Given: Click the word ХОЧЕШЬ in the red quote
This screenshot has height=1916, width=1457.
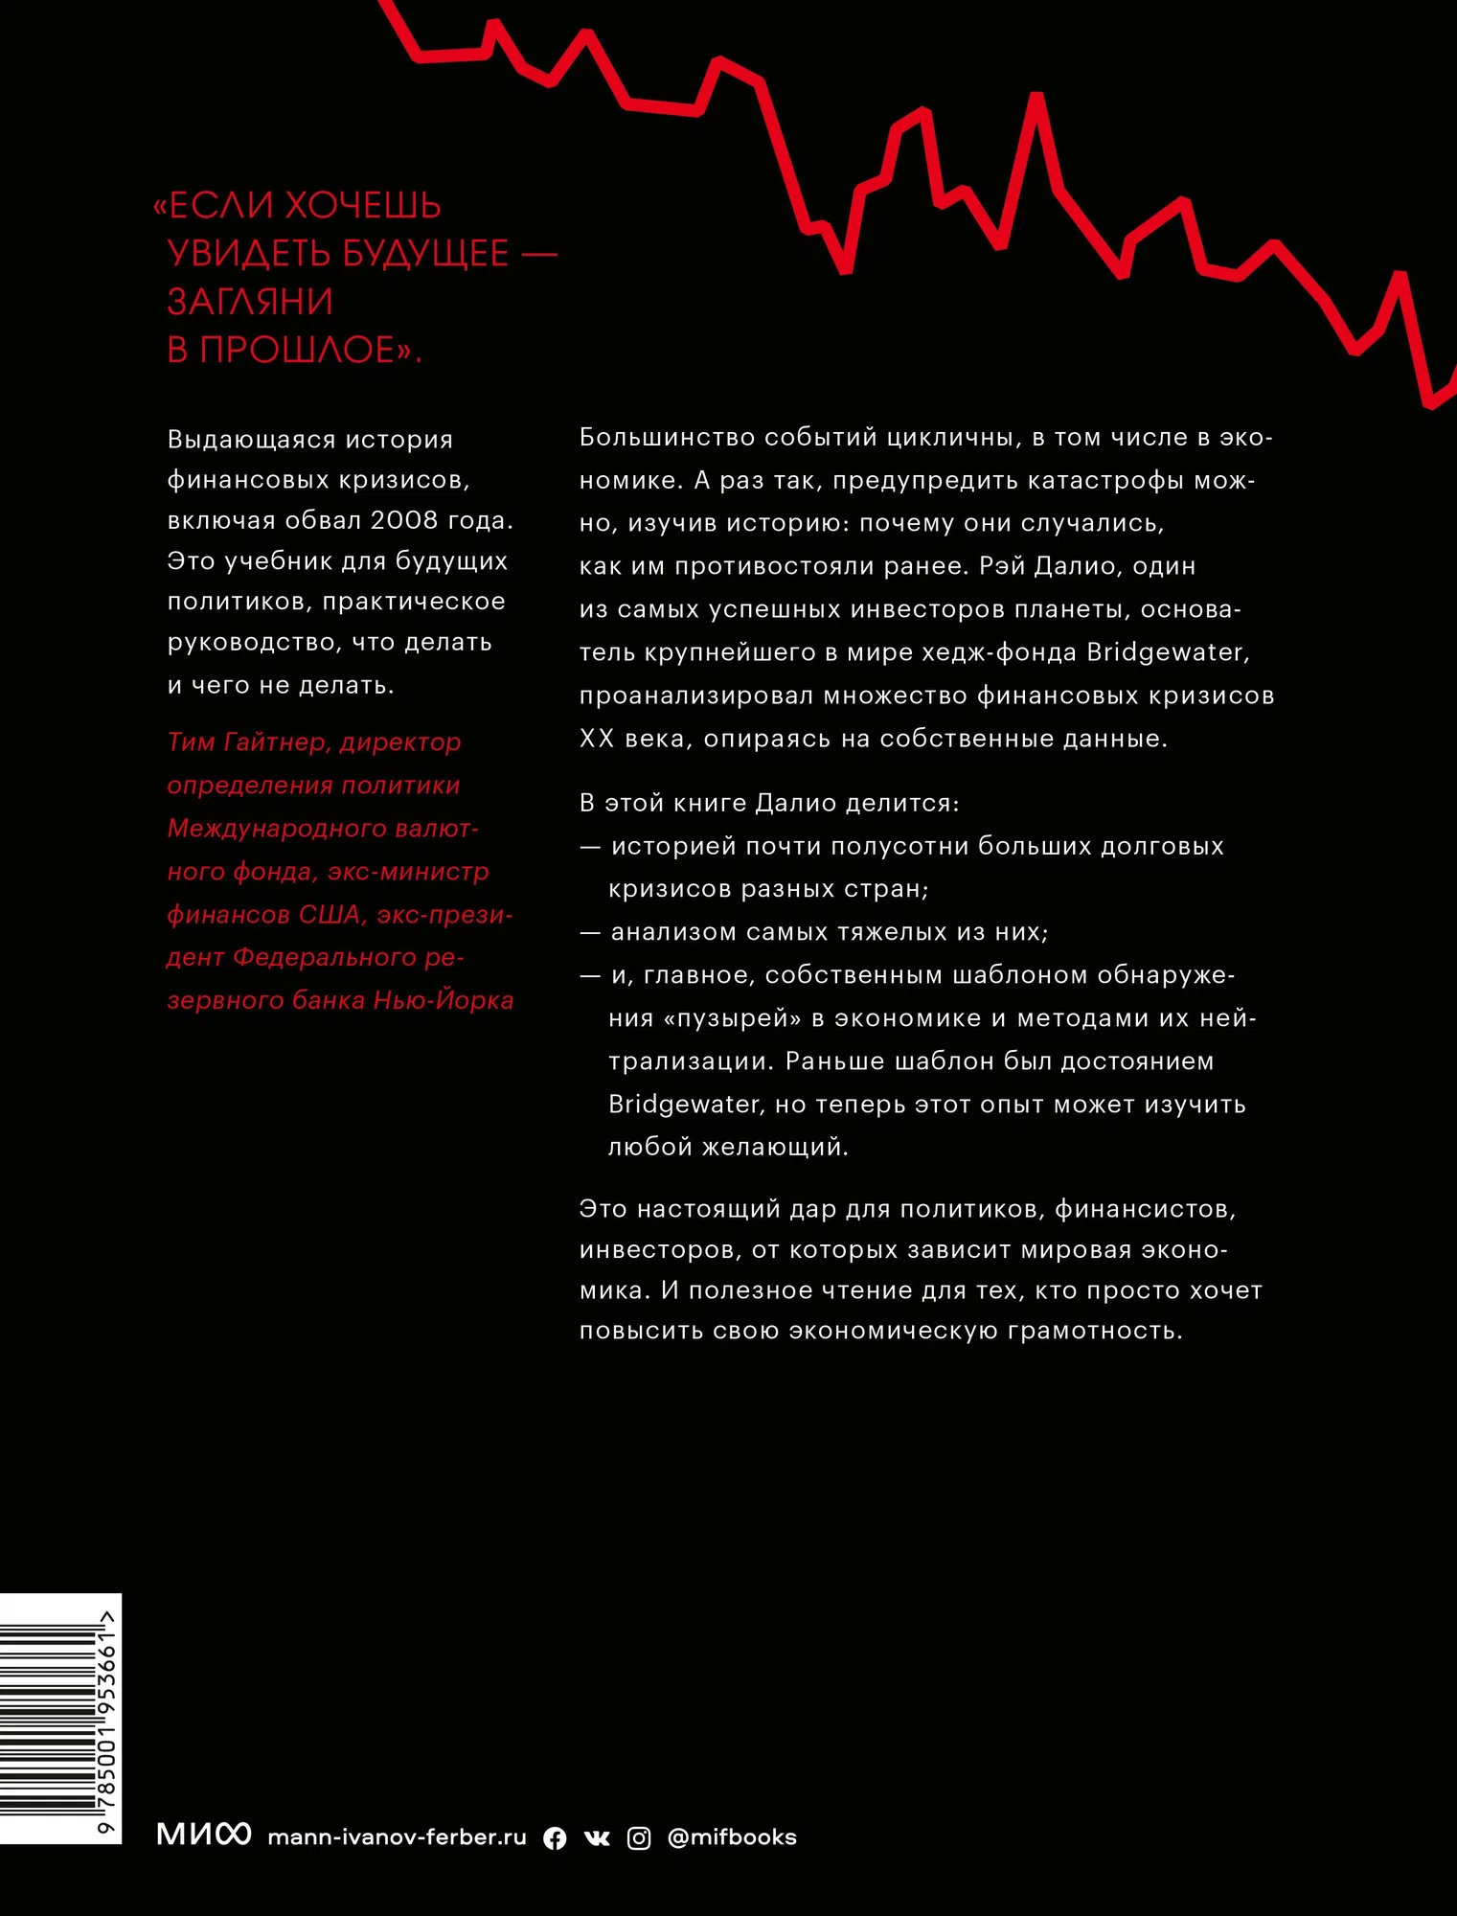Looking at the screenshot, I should tap(363, 206).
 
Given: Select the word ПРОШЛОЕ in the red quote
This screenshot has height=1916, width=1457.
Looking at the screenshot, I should tap(297, 351).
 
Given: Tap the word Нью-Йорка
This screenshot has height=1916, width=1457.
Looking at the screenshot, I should tap(443, 1001).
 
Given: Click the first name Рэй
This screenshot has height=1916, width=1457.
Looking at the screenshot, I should tap(1002, 566).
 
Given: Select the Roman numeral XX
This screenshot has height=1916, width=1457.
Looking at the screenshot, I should tap(596, 739).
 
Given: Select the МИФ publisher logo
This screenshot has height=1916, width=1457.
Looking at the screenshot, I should tap(203, 1835).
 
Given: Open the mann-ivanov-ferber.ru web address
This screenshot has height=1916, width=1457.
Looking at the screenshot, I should tap(397, 1836).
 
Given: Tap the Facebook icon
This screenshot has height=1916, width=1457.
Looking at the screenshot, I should tap(555, 1837).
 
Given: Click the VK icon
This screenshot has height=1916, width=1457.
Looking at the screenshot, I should tap(597, 1837).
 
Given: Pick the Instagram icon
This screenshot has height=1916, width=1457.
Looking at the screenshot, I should tap(639, 1837).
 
